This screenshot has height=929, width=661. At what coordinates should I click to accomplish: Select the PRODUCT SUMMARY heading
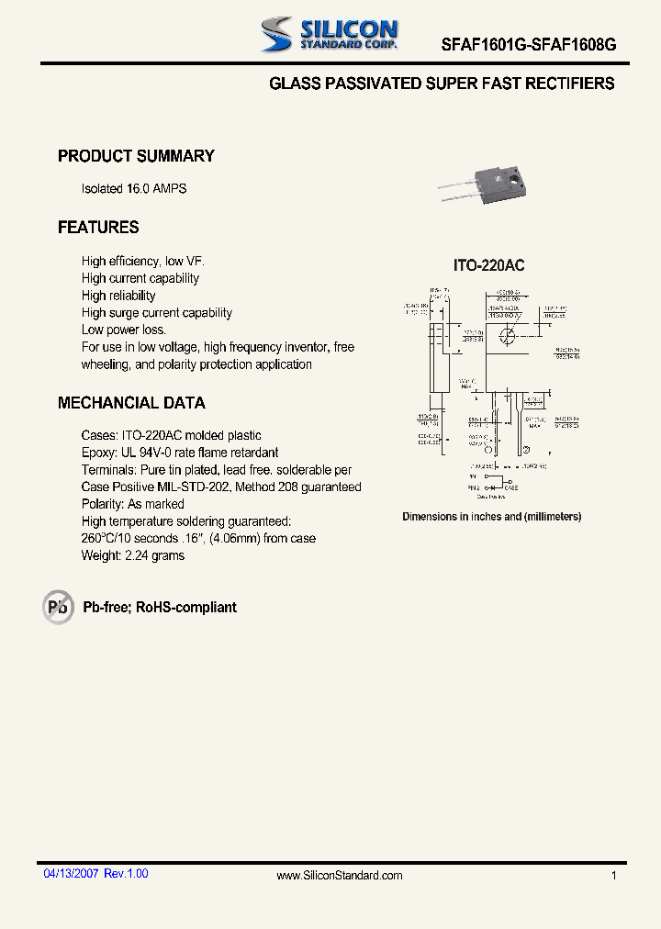click(x=136, y=156)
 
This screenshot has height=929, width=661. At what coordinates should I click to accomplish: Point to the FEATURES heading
click(x=98, y=227)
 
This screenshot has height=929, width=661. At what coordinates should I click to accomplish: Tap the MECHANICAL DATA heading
click(x=131, y=403)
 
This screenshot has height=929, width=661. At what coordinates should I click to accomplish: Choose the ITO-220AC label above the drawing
click(x=488, y=265)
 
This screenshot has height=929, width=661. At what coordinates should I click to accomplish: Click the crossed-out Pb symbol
click(x=58, y=607)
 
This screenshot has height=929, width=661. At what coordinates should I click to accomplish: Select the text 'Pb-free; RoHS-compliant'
click(x=160, y=608)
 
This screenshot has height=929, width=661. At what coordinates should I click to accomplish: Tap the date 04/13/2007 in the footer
click(x=72, y=874)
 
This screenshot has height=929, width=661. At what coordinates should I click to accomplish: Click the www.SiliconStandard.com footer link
click(x=340, y=876)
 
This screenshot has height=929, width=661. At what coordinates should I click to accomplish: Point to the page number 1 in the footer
click(x=614, y=876)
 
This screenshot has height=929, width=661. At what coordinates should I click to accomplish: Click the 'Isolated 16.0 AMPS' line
click(x=134, y=188)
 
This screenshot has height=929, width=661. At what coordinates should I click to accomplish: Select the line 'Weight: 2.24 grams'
click(x=133, y=555)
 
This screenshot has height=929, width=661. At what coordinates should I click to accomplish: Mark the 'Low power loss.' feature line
click(x=124, y=330)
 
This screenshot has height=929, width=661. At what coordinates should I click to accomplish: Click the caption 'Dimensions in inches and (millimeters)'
click(x=491, y=517)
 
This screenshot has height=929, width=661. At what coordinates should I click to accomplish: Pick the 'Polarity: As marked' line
click(x=132, y=504)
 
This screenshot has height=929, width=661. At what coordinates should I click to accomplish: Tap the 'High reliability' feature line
click(x=118, y=296)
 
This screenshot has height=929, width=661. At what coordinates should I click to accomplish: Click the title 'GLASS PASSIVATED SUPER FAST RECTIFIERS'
click(x=442, y=84)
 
